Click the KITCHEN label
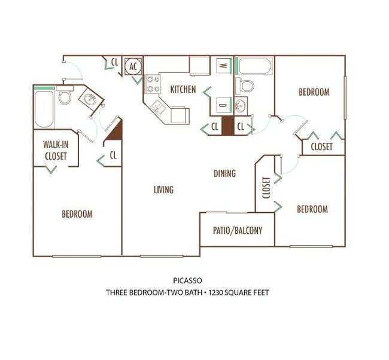coord(183,90)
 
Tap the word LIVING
coord(163,190)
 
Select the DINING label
coord(224,173)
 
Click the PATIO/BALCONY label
coord(238,230)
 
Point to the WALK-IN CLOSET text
coord(55,151)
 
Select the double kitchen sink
coord(159,108)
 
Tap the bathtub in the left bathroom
coord(44,108)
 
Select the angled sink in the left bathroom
coord(90,99)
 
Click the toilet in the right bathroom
coord(244,86)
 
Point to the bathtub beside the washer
coord(254,64)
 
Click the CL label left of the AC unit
coord(114,62)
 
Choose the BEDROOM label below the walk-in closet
coord(77,213)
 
